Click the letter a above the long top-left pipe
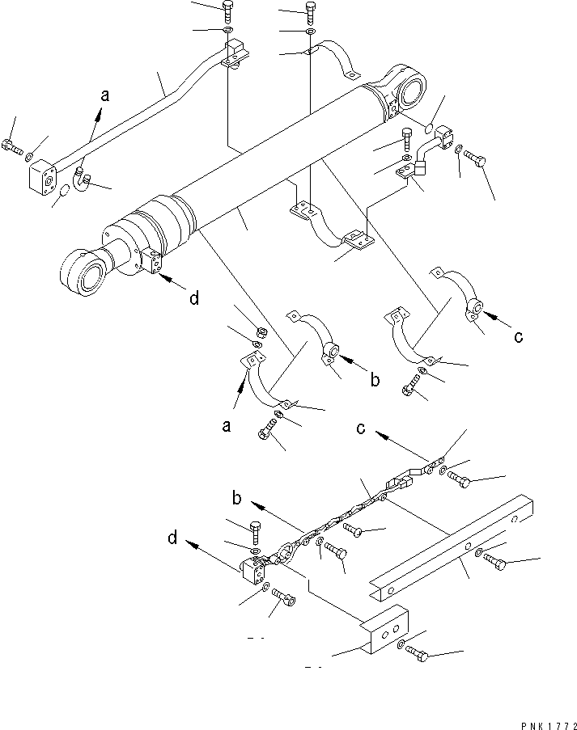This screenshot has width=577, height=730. click(104, 96)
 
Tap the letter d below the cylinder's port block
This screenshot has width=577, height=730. click(193, 298)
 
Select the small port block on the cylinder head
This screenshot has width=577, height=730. click(151, 260)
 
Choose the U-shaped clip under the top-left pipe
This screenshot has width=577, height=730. click(82, 175)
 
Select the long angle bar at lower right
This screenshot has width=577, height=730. click(453, 542)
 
